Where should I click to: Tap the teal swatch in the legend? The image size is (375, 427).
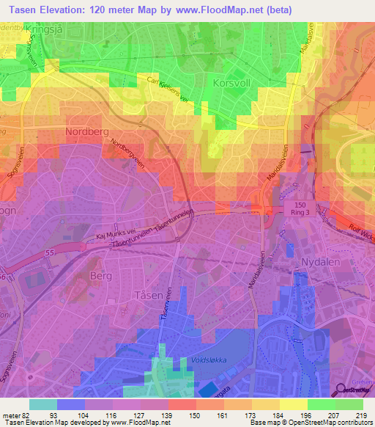click(42, 404)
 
